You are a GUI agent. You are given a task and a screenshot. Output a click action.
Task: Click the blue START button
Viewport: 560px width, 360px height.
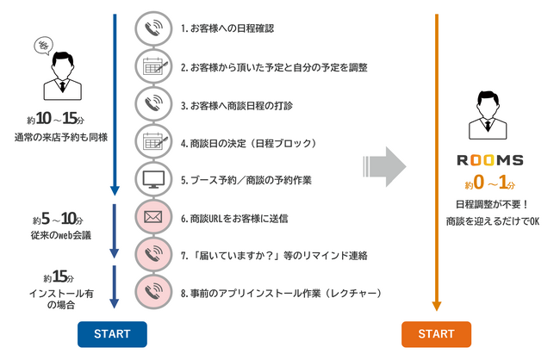click(113, 333)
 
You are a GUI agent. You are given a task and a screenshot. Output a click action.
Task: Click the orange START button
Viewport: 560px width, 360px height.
click(436, 333)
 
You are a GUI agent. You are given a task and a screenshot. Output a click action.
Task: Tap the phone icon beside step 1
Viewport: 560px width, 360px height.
click(152, 28)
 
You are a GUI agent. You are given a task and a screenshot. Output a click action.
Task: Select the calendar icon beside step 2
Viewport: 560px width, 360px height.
click(152, 65)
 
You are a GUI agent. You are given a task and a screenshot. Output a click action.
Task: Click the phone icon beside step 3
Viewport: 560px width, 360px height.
click(152, 103)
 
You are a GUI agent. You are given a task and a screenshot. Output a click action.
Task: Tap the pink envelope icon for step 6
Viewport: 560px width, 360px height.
click(152, 218)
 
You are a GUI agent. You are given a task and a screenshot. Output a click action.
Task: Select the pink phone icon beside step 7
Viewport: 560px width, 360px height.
click(152, 255)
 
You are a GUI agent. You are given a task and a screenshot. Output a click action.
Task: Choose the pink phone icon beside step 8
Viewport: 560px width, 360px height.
click(152, 293)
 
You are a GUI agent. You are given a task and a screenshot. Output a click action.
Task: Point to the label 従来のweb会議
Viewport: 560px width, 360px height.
click(59, 233)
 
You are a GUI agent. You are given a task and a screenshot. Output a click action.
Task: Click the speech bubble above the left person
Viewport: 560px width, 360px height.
click(40, 47)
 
